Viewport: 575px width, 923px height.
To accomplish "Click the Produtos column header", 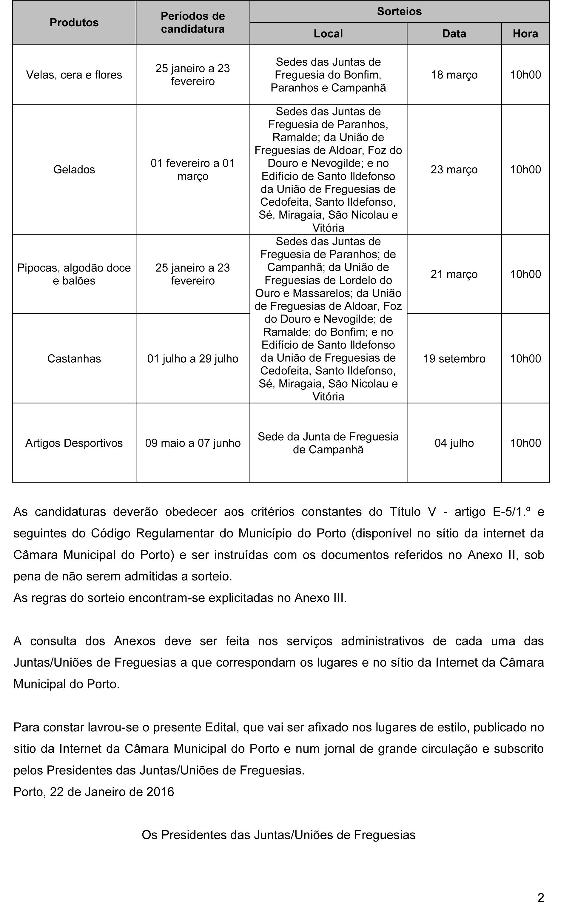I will click(74, 23).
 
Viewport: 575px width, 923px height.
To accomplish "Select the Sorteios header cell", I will click(399, 11).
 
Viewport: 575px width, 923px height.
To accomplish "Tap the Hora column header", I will click(525, 34).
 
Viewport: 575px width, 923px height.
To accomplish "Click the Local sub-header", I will click(328, 34).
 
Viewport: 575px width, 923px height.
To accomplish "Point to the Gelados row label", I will click(74, 170).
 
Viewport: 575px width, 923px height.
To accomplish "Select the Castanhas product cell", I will click(74, 359).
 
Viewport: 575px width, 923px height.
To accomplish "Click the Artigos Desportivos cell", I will click(74, 443).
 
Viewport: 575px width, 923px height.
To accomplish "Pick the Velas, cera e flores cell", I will click(74, 75).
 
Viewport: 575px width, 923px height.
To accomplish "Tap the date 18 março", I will click(454, 75).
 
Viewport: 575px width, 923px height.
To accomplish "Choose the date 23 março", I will click(454, 170).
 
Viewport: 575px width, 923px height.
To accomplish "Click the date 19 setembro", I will click(454, 359).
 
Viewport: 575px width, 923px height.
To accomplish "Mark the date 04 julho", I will click(454, 443).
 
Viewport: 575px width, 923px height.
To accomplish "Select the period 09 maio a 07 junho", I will click(193, 443).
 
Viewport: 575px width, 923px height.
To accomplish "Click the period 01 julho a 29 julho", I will click(193, 359).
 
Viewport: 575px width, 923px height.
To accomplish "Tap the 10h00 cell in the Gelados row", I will click(525, 170).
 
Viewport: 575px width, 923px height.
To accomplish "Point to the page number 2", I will click(540, 898).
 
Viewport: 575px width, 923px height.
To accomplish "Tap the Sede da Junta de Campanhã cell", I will click(328, 443).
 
